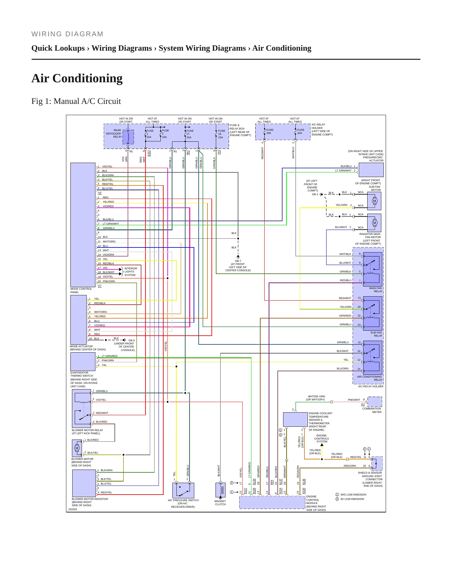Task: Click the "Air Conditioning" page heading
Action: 77,78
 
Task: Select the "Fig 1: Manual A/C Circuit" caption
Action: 76,101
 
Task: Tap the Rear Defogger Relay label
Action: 114,134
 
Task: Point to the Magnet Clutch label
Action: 220,503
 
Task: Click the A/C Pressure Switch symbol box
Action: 183,490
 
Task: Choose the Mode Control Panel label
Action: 81,291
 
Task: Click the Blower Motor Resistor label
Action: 90,502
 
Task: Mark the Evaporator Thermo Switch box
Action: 83,362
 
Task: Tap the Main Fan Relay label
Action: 376,290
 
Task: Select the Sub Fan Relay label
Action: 376,334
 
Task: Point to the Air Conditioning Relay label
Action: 370,378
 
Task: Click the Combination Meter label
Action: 372,410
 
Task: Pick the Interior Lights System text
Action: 131,272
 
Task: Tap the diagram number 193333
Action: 73,509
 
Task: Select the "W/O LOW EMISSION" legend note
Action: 353,495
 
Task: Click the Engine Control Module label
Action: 316,503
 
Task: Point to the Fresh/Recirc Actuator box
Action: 371,170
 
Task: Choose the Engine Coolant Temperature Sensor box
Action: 295,420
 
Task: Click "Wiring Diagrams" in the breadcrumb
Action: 122,48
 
